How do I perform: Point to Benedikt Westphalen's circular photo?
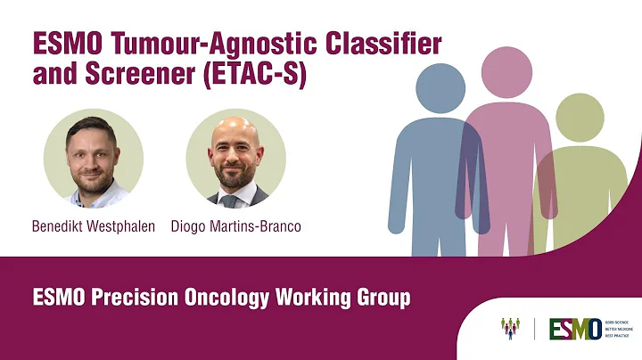tap(93, 159)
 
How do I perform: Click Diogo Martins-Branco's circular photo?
tap(235, 159)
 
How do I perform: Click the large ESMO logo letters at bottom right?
tap(573, 329)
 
